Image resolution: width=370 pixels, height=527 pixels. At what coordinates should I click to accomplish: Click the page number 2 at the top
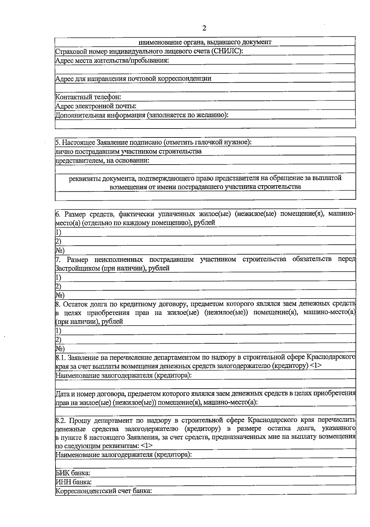[204, 28]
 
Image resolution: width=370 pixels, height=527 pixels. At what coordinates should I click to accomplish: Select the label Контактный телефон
[88, 97]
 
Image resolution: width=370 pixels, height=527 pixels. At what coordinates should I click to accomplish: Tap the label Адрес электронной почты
[96, 106]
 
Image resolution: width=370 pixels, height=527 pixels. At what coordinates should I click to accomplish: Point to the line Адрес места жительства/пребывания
[112, 60]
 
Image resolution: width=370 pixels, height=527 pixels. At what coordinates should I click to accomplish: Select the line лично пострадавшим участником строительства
[128, 151]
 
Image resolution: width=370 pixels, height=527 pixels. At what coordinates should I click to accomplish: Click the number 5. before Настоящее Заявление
[58, 142]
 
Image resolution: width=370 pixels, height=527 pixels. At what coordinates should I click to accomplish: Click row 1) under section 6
[59, 232]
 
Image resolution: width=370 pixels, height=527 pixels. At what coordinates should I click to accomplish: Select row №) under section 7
[60, 295]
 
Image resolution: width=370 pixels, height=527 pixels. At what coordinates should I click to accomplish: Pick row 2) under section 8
[59, 339]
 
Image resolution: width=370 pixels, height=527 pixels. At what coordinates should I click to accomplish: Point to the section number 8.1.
[61, 357]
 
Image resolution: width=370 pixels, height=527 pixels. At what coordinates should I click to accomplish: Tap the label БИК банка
[73, 473]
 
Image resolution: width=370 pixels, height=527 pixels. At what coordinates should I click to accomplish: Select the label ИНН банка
[73, 482]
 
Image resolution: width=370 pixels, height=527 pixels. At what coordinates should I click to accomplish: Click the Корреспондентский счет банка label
[104, 491]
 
